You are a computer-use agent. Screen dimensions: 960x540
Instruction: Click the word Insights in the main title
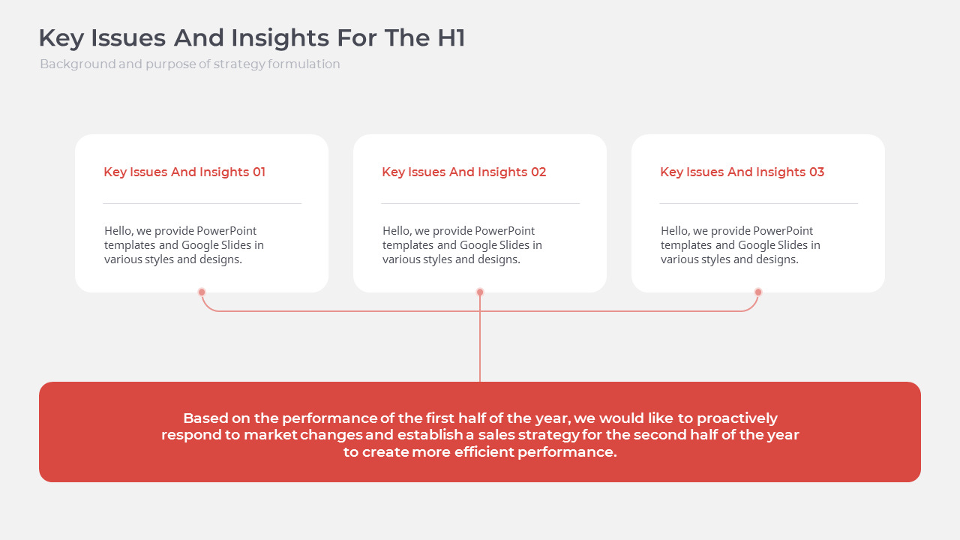pos(280,38)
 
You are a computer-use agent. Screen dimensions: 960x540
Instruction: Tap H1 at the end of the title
pos(451,37)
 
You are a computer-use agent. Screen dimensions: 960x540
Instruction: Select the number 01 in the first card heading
pos(259,172)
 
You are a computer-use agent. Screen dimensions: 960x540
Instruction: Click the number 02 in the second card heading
pos(538,172)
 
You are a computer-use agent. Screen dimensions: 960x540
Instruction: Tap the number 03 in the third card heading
pos(817,172)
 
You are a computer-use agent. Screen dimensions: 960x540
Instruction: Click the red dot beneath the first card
pos(202,292)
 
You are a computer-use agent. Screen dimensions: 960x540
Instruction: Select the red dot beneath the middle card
pos(480,292)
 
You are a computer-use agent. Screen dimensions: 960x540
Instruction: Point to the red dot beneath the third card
pos(758,292)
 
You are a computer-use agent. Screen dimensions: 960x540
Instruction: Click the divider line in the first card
pos(202,203)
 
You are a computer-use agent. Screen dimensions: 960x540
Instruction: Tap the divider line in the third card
pos(758,203)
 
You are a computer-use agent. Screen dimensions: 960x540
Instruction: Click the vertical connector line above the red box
pos(480,338)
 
